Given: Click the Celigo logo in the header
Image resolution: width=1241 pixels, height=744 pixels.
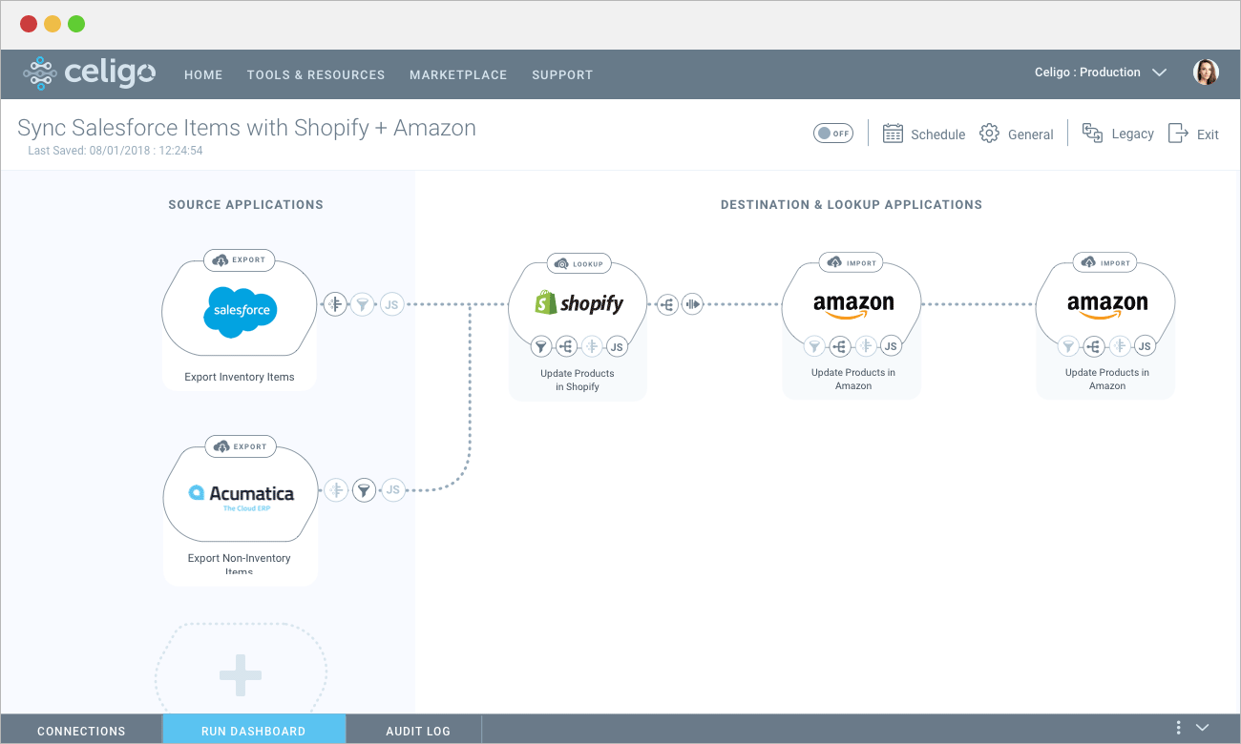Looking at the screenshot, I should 89,73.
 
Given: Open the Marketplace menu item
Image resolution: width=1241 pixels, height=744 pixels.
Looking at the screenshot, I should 458,74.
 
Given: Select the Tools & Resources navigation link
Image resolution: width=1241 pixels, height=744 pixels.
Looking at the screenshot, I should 316,74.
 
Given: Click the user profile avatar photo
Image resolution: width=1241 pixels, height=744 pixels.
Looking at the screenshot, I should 1206,72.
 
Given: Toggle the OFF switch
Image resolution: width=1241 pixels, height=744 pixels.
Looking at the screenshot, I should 833,134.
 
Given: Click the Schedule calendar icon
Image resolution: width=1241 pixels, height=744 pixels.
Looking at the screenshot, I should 893,134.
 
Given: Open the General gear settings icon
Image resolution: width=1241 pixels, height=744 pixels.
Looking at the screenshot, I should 990,134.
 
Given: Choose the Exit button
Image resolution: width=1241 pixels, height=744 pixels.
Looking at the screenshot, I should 1193,134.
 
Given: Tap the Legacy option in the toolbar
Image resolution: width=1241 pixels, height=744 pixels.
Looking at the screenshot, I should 1118,134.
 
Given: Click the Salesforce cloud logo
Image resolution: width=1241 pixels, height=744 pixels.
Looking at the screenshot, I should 240,310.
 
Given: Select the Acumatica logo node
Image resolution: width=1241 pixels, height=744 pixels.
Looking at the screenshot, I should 241,494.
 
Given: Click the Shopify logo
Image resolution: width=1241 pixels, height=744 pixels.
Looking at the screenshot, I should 578,303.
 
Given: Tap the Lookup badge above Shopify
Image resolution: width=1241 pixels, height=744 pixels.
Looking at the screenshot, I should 578,262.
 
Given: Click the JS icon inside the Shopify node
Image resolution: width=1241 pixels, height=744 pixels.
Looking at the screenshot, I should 617,346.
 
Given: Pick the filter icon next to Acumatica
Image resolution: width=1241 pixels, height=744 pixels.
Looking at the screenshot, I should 364,490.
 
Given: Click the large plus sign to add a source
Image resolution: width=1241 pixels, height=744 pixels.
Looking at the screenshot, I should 241,674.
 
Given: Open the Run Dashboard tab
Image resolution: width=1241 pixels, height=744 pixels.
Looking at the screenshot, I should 254,731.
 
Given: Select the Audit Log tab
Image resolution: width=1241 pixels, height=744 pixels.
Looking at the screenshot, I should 418,731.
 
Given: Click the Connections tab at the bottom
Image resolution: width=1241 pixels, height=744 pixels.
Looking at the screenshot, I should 81,731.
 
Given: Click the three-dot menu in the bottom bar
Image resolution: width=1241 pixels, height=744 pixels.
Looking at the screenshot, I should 1179,728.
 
